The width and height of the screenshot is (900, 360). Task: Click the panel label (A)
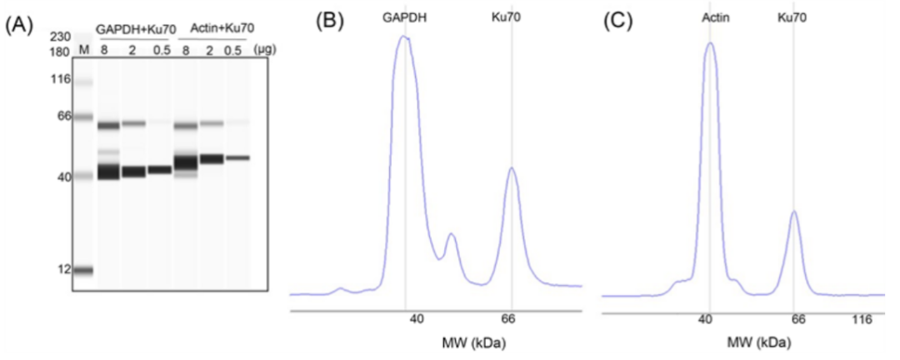(x=18, y=25)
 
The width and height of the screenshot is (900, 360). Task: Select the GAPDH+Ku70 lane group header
(x=136, y=30)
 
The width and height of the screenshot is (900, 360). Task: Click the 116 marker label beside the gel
(x=61, y=79)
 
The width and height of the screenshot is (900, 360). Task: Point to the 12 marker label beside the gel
(x=63, y=269)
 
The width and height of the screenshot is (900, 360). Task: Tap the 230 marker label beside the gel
(x=60, y=37)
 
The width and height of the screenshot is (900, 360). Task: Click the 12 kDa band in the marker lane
(x=83, y=269)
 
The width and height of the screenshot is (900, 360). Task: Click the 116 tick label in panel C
(x=870, y=319)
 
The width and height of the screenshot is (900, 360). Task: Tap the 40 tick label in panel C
(x=707, y=319)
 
